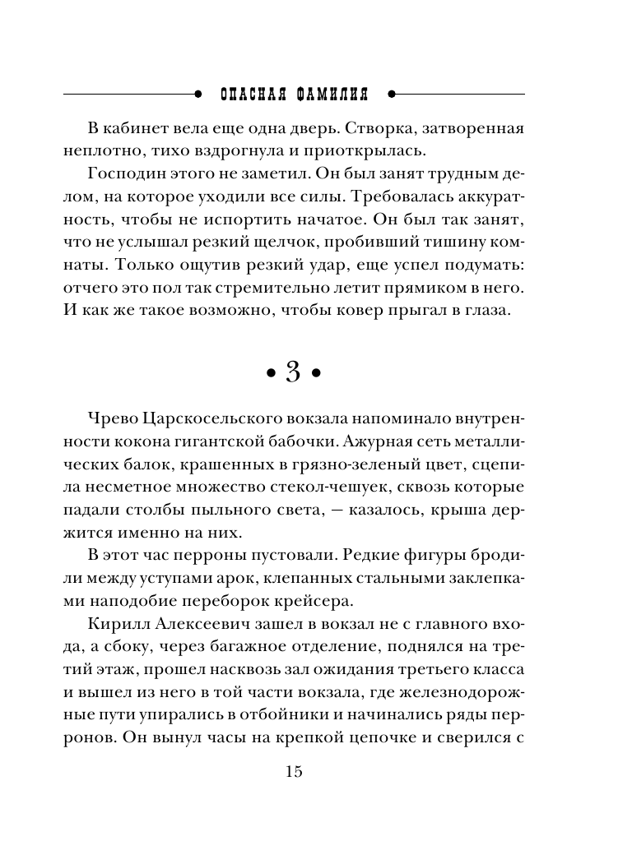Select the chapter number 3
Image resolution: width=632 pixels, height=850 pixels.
[x=294, y=372]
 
